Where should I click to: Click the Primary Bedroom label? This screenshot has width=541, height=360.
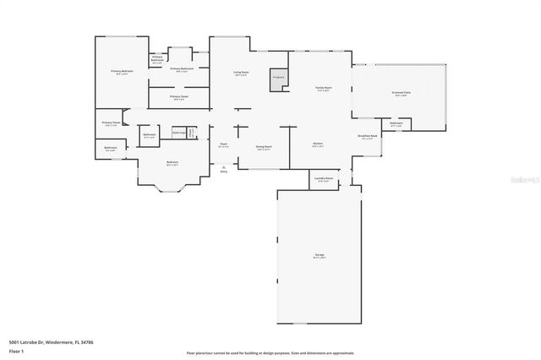(x=122, y=73)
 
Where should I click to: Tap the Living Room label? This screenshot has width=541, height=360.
(x=241, y=73)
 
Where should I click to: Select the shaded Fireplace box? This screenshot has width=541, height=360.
(x=276, y=78)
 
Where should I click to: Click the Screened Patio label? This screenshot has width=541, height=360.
(x=402, y=94)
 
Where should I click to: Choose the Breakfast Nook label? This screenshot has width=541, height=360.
(x=367, y=137)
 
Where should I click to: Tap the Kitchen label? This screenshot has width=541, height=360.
(x=318, y=144)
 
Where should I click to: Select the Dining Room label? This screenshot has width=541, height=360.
(x=264, y=147)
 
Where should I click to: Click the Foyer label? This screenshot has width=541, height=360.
(x=224, y=145)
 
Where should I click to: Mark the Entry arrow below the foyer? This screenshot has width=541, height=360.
(x=224, y=169)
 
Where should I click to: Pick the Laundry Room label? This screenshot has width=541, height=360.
(x=323, y=179)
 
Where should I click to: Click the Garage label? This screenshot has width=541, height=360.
(x=320, y=255)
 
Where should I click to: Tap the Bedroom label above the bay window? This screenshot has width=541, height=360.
(x=172, y=162)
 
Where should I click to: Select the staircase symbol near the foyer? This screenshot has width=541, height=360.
(x=192, y=133)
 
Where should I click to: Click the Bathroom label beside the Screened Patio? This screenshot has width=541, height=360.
(x=396, y=125)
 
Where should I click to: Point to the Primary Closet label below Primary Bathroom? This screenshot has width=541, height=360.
(x=178, y=97)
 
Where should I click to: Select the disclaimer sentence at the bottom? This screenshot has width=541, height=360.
(x=270, y=352)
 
